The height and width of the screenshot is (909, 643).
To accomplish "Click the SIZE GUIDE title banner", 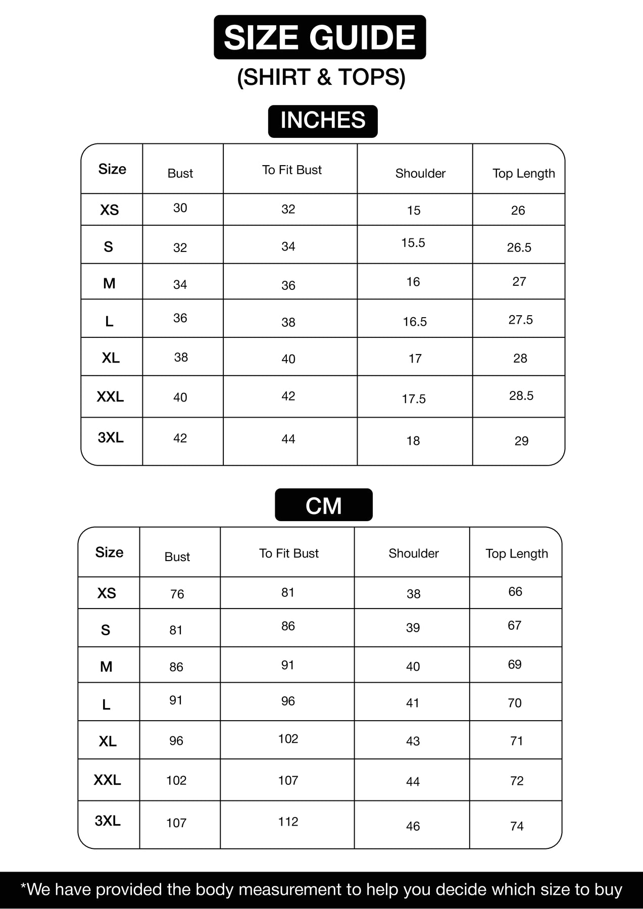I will pos(320,38).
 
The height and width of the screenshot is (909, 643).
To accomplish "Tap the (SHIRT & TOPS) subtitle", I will pos(321,77).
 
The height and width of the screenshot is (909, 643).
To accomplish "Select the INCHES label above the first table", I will pos(323,121).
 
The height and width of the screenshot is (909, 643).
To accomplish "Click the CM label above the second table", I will pos(324,506).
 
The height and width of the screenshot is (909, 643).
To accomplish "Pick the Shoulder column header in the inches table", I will pos(420,173).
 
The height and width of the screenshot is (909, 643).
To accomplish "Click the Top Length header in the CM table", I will pos(517,553).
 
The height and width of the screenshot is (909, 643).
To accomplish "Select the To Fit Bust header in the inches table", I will pos(291,170).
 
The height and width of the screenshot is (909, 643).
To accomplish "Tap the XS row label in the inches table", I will pos(110,210).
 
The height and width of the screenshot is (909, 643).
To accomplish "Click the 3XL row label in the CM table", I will pos(108,821).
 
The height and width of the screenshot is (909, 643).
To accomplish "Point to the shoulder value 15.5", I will pos(413,243).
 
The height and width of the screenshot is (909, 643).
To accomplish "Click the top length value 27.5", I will pos(521,320).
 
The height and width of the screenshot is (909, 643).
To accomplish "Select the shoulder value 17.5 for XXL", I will pos(414,399).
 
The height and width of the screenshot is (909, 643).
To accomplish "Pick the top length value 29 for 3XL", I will pos(521,441).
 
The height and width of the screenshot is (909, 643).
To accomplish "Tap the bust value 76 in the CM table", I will pos(177,594).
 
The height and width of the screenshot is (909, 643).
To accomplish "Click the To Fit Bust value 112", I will pos(288,822).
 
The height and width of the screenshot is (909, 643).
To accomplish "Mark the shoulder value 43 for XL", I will pos(413,741).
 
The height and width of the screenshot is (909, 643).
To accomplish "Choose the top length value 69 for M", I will pos(515,664).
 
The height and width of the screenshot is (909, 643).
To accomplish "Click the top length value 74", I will pos(517,826).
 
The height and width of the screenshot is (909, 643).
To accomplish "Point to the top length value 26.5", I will pos(519,247).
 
